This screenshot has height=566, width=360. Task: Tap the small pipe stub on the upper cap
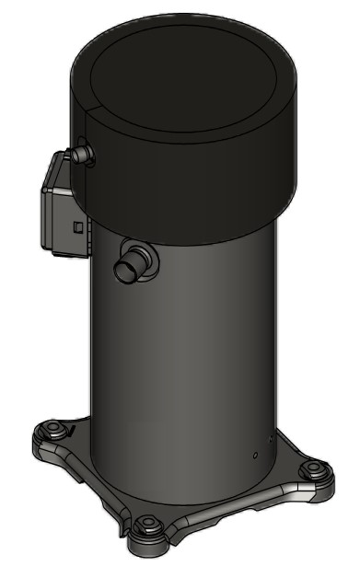pyautogui.click(x=85, y=153)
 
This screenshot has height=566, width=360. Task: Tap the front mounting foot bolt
pyautogui.click(x=145, y=526)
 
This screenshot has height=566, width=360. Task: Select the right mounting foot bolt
pyautogui.click(x=316, y=469)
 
